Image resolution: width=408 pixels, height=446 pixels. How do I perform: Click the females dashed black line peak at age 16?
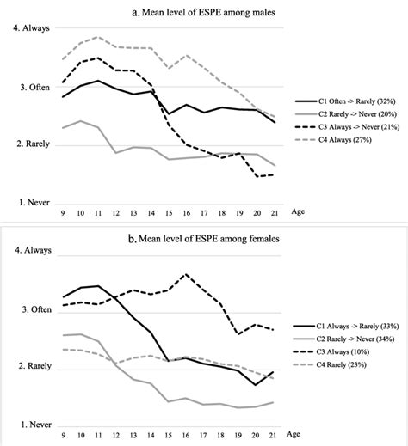coord(186,275)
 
